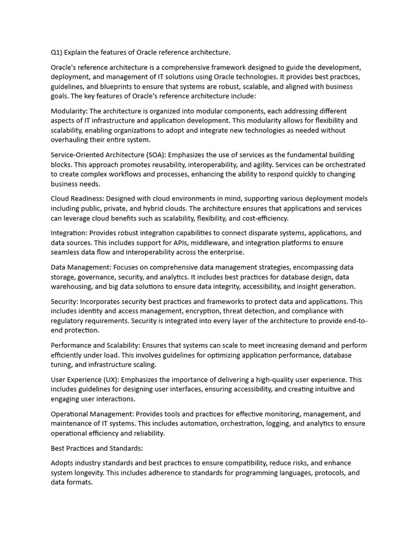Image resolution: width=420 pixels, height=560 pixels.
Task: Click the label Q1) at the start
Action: point(56,52)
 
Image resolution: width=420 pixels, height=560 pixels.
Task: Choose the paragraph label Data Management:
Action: point(80,267)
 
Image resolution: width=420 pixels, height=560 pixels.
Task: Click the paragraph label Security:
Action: point(65,301)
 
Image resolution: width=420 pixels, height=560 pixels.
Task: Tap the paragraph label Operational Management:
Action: point(92,414)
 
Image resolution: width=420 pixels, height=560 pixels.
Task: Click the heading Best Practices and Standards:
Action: point(97,448)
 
